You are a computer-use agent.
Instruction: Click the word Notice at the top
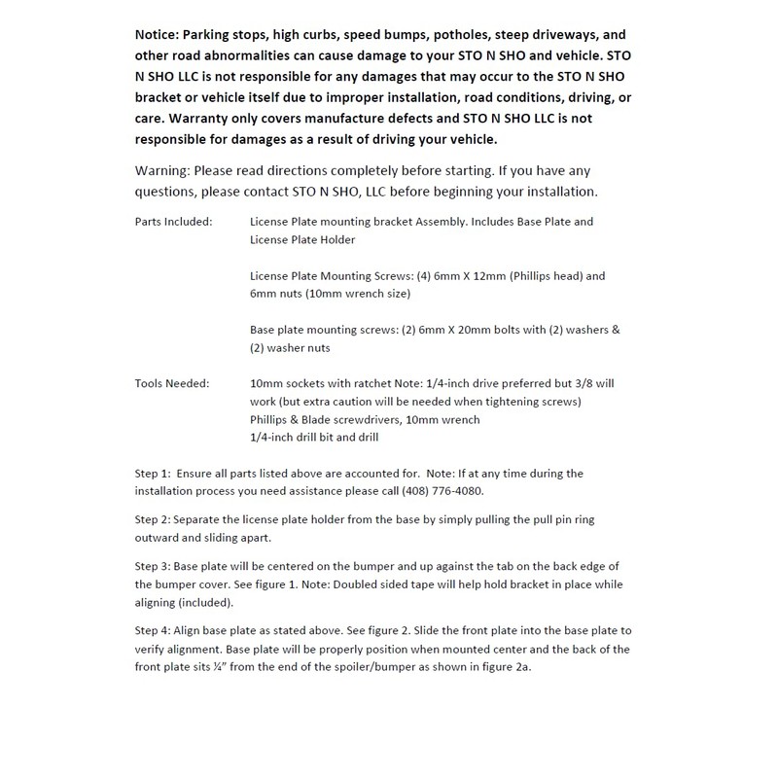click(x=160, y=32)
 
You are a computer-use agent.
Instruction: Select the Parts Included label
click(x=173, y=222)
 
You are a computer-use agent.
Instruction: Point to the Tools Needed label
click(x=170, y=384)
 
